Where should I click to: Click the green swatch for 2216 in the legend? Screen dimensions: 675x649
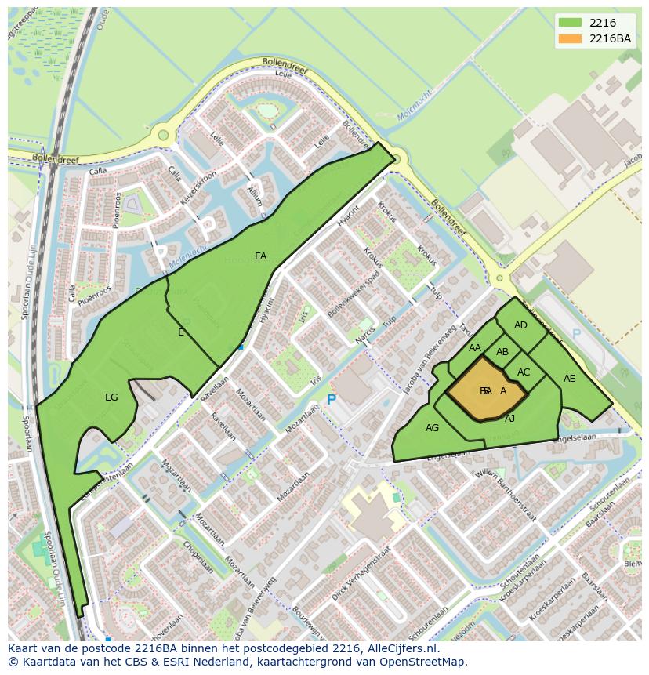pyautogui.click(x=571, y=24)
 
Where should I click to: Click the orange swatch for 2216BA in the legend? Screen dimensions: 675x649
pyautogui.click(x=571, y=38)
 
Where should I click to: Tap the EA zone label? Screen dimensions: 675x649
pyautogui.click(x=261, y=256)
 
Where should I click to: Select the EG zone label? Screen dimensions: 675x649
pyautogui.click(x=111, y=397)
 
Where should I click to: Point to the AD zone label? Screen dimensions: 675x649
pyautogui.click(x=520, y=325)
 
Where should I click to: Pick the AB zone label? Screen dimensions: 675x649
pyautogui.click(x=502, y=352)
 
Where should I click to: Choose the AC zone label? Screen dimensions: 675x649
pyautogui.click(x=524, y=372)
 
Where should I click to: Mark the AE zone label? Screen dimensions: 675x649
pyautogui.click(x=569, y=379)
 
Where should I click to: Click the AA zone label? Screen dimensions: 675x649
pyautogui.click(x=475, y=348)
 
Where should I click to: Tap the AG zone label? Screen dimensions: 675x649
pyautogui.click(x=432, y=428)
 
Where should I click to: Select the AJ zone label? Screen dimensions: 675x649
pyautogui.click(x=509, y=419)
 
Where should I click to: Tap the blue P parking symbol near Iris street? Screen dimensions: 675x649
pyautogui.click(x=331, y=400)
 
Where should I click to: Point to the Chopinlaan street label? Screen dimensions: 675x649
pyautogui.click(x=199, y=556)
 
